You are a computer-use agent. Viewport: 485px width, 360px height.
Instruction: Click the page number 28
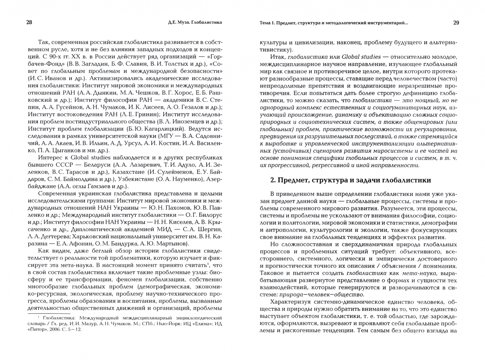(29, 23)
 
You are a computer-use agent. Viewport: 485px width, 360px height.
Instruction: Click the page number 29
(456, 23)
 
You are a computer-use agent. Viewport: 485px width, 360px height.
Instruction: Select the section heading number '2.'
(272, 180)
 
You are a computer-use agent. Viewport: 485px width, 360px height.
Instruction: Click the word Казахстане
(129, 172)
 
